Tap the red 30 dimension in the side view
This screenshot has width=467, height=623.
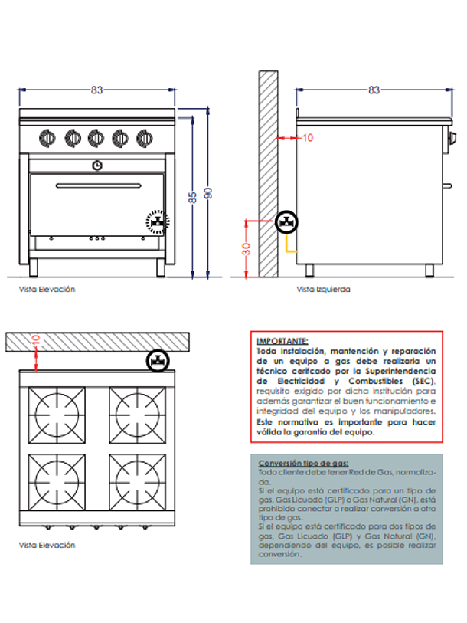(246, 249)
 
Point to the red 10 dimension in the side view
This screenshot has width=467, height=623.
(308, 138)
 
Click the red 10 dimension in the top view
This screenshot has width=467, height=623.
(35, 339)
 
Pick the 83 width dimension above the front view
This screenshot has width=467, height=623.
(96, 90)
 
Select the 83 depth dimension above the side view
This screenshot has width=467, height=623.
(374, 90)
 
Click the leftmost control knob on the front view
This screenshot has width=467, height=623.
(47, 138)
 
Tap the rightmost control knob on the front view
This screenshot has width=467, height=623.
(144, 138)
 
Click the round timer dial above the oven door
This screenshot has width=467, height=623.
(96, 164)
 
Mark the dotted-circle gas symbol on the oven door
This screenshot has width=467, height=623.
(157, 222)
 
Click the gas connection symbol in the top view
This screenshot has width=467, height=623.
(158, 360)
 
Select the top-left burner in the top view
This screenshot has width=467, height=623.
(58, 411)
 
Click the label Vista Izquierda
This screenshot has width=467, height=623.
(324, 290)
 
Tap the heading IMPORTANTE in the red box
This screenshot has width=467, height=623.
(283, 341)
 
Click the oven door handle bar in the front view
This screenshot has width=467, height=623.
(96, 185)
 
